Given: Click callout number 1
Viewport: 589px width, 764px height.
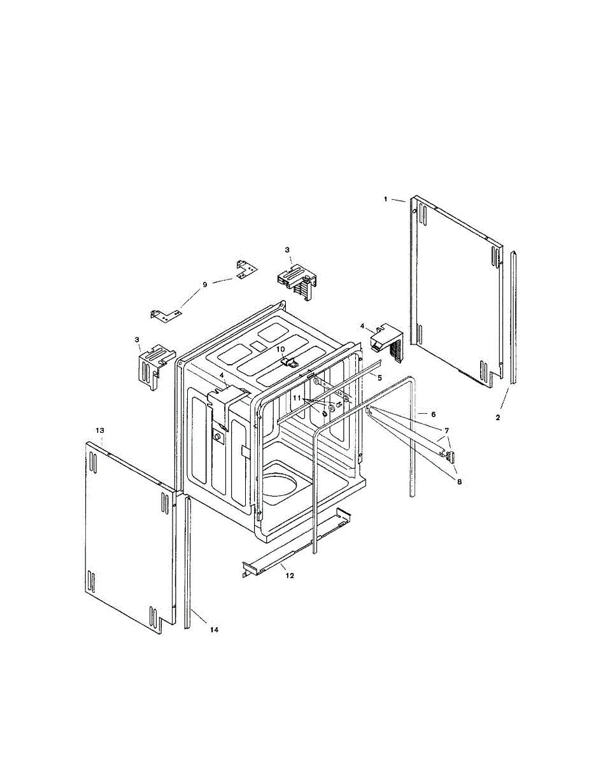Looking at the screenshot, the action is [x=385, y=199].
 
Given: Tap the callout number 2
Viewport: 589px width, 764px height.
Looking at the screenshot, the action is [x=498, y=418].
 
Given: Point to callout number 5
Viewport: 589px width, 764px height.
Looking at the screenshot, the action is [x=380, y=378].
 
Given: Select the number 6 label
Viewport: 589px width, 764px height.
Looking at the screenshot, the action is [x=433, y=414].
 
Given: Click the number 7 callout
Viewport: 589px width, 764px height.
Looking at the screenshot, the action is [x=446, y=430].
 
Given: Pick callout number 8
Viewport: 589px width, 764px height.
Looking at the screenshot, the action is [x=459, y=482].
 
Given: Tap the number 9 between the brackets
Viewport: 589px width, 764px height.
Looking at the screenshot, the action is [x=205, y=285].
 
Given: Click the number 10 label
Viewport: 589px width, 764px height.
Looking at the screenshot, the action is [x=280, y=349].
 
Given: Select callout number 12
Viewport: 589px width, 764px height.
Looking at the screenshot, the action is [x=290, y=576].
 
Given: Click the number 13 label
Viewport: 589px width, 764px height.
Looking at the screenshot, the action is [x=99, y=431].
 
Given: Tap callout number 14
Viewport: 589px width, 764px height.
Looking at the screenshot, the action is [x=214, y=630].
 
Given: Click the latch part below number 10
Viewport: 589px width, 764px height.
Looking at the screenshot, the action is [x=289, y=363].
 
